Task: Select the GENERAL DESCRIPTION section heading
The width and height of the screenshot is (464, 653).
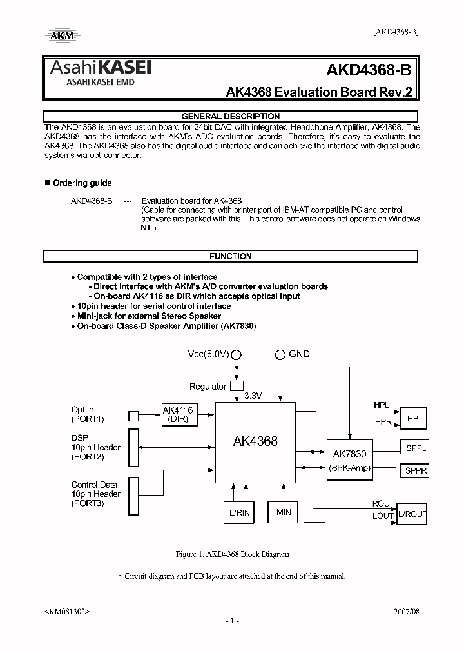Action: click(x=231, y=117)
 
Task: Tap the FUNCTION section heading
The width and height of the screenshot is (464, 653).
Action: click(x=231, y=256)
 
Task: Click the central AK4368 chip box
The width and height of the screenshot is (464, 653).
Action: click(x=255, y=442)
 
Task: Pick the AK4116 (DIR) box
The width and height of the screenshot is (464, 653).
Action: click(x=177, y=414)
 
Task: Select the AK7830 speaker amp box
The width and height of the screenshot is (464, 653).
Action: click(x=349, y=460)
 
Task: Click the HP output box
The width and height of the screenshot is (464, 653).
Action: click(x=413, y=418)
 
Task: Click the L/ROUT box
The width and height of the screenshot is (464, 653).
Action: click(x=412, y=514)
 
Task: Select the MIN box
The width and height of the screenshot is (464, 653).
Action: click(x=284, y=512)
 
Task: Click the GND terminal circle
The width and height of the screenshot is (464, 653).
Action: click(x=280, y=354)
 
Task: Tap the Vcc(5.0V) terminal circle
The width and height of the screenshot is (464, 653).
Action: click(x=237, y=354)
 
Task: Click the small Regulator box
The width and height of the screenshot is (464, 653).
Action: click(x=237, y=386)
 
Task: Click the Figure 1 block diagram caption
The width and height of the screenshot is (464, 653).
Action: click(x=232, y=554)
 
